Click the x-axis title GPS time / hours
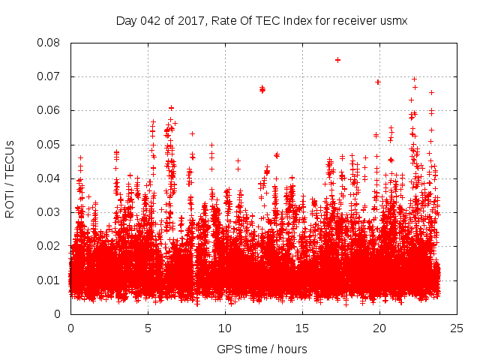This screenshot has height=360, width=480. tap(262, 349)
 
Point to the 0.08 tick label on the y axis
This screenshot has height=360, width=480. tap(51, 43)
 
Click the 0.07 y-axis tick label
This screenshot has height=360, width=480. tap(51, 76)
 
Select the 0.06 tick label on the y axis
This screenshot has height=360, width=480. tap(51, 110)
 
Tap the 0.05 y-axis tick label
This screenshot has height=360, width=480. tap(51, 144)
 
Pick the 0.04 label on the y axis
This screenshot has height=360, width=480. tap(51, 178)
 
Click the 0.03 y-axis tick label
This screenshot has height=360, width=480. tap(51, 212)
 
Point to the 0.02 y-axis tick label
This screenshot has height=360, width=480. tap(51, 246)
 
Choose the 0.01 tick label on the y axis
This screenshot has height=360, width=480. tap(51, 280)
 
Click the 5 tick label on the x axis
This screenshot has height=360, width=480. tap(148, 328)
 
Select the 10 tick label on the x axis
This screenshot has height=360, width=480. tap(225, 328)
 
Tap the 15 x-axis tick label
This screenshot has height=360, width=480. tap(302, 328)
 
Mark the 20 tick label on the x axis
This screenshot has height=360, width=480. tap(379, 328)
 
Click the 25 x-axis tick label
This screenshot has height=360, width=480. tap(457, 328)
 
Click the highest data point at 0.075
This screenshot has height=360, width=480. tap(337, 60)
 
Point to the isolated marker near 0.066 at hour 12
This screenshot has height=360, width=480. tap(262, 89)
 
